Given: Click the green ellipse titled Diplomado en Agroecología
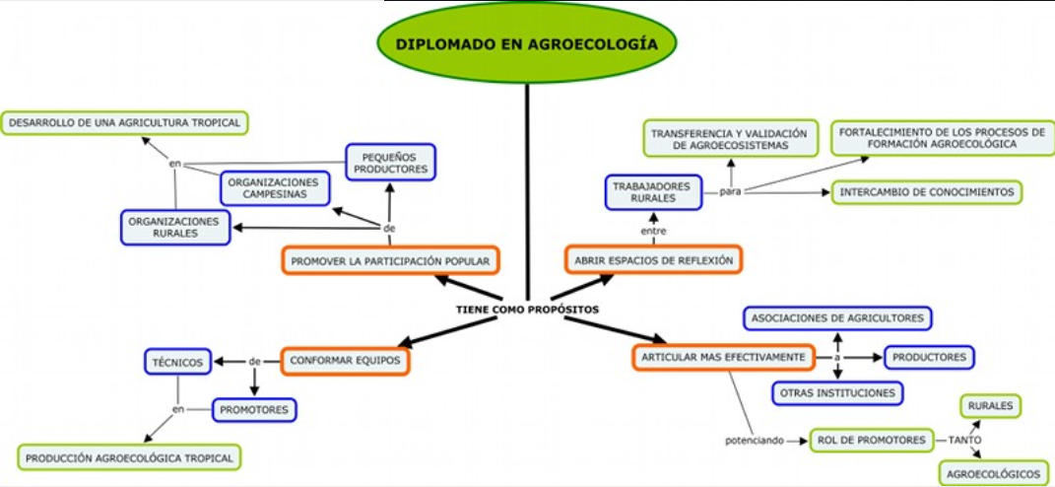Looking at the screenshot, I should tap(527, 44).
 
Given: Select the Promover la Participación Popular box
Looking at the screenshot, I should tap(390, 260).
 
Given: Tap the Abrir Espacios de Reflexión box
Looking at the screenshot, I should tap(653, 260).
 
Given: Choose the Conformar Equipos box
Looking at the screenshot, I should tap(345, 361).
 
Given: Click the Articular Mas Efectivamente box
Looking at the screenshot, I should tap(723, 357).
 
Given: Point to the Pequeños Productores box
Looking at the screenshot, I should tap(390, 163).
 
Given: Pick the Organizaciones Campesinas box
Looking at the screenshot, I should tap(273, 187).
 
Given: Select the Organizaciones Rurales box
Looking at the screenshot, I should tap(176, 227).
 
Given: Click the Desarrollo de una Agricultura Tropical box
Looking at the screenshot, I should tap(124, 123).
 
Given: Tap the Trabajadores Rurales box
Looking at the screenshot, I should tap(652, 191).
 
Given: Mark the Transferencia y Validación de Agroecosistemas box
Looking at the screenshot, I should tap(731, 139).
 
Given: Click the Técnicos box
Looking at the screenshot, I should tap(177, 363).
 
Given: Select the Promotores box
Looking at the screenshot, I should tap(254, 409).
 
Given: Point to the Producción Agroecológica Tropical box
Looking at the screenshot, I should tap(129, 457).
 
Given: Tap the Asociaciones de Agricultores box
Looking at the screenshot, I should tap(837, 318).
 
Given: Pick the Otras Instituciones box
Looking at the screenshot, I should tap(837, 392).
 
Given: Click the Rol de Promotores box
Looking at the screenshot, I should tap(870, 440).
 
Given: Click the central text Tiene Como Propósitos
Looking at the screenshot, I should tap(527, 309).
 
